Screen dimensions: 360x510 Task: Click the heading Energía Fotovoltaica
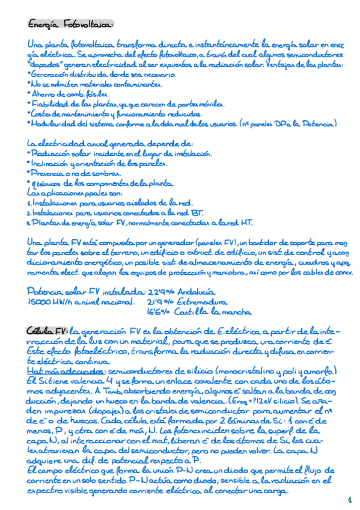(71, 25)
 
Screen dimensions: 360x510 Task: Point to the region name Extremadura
(201, 302)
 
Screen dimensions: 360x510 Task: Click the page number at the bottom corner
(349, 499)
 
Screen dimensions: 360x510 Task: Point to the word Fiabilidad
(50, 105)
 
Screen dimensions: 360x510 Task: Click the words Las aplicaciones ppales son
(74, 194)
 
